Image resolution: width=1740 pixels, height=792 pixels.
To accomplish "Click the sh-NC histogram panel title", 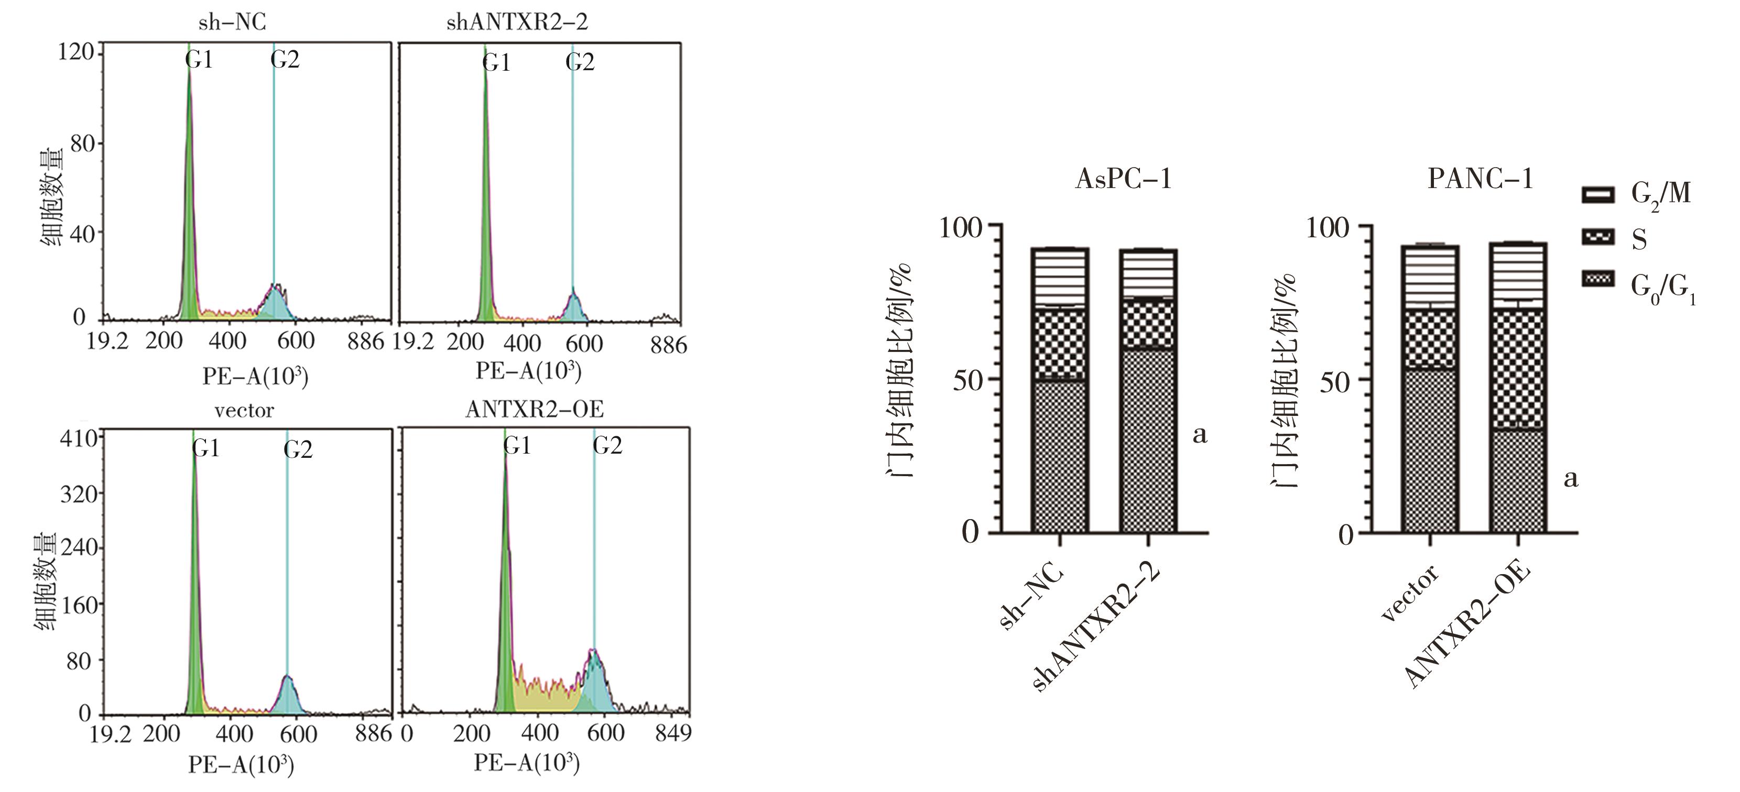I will coord(232,23).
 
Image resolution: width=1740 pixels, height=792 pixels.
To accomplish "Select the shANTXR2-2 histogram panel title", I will coord(517,23).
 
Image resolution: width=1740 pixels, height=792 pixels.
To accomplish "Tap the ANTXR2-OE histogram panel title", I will coord(534,409).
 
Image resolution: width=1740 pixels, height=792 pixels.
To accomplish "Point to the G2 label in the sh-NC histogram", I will coord(285,60).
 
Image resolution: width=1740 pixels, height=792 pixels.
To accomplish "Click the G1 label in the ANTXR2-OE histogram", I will coord(517,446).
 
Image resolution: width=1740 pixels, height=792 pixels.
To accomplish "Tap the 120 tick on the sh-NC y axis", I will coord(75,51).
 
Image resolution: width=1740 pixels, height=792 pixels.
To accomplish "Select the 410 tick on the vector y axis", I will coord(80,439).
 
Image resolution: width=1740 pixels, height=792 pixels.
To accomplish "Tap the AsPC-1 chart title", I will coord(1123,180).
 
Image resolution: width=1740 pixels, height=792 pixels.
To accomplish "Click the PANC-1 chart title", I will coord(1481,179).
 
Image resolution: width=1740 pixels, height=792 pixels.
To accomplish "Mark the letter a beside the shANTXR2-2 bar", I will coord(1200,435).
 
